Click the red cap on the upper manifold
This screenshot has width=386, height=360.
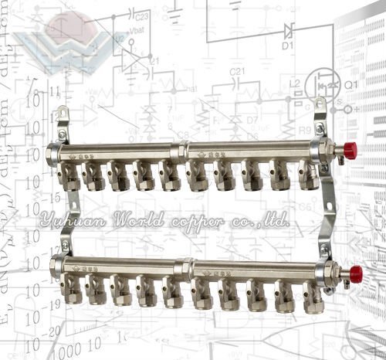click(350, 150)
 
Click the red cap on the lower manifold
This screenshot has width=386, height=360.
click(355, 272)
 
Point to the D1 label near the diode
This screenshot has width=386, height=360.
click(287, 46)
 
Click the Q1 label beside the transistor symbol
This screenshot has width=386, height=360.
click(350, 84)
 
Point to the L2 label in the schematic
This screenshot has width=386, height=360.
click(294, 83)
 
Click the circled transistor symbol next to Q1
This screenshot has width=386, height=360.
click(320, 83)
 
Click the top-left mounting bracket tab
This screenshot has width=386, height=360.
click(63, 115)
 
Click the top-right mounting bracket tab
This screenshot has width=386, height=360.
click(320, 107)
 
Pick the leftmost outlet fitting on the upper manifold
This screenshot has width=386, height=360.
click(70, 177)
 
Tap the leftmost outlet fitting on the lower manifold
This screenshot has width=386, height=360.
click(72, 290)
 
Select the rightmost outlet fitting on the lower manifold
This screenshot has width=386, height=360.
click(313, 295)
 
